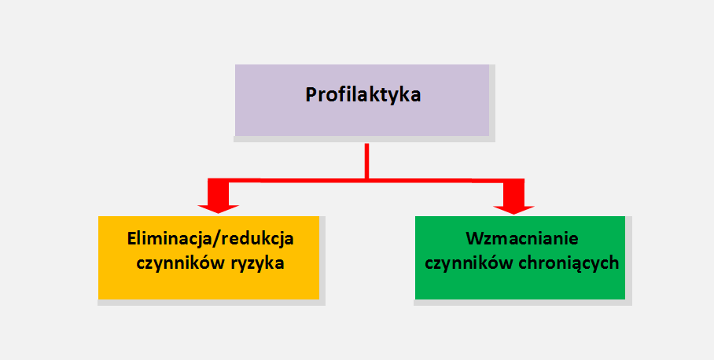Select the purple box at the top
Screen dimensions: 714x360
click(x=362, y=100)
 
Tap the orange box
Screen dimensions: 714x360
click(x=208, y=258)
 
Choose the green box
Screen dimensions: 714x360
click(x=520, y=258)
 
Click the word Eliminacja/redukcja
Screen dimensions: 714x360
click(x=211, y=240)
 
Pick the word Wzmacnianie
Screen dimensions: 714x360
click(x=522, y=239)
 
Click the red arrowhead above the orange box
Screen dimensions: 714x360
click(x=218, y=208)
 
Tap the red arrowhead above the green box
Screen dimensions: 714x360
click(x=513, y=209)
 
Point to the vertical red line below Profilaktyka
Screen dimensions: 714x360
click(x=366, y=161)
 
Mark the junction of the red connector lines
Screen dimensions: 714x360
click(x=366, y=181)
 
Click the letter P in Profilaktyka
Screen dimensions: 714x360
click(x=311, y=95)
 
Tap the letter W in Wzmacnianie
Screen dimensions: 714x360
click(x=474, y=239)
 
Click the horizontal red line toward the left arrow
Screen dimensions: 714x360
click(x=296, y=181)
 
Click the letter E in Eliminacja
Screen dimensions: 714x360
click(x=131, y=239)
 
